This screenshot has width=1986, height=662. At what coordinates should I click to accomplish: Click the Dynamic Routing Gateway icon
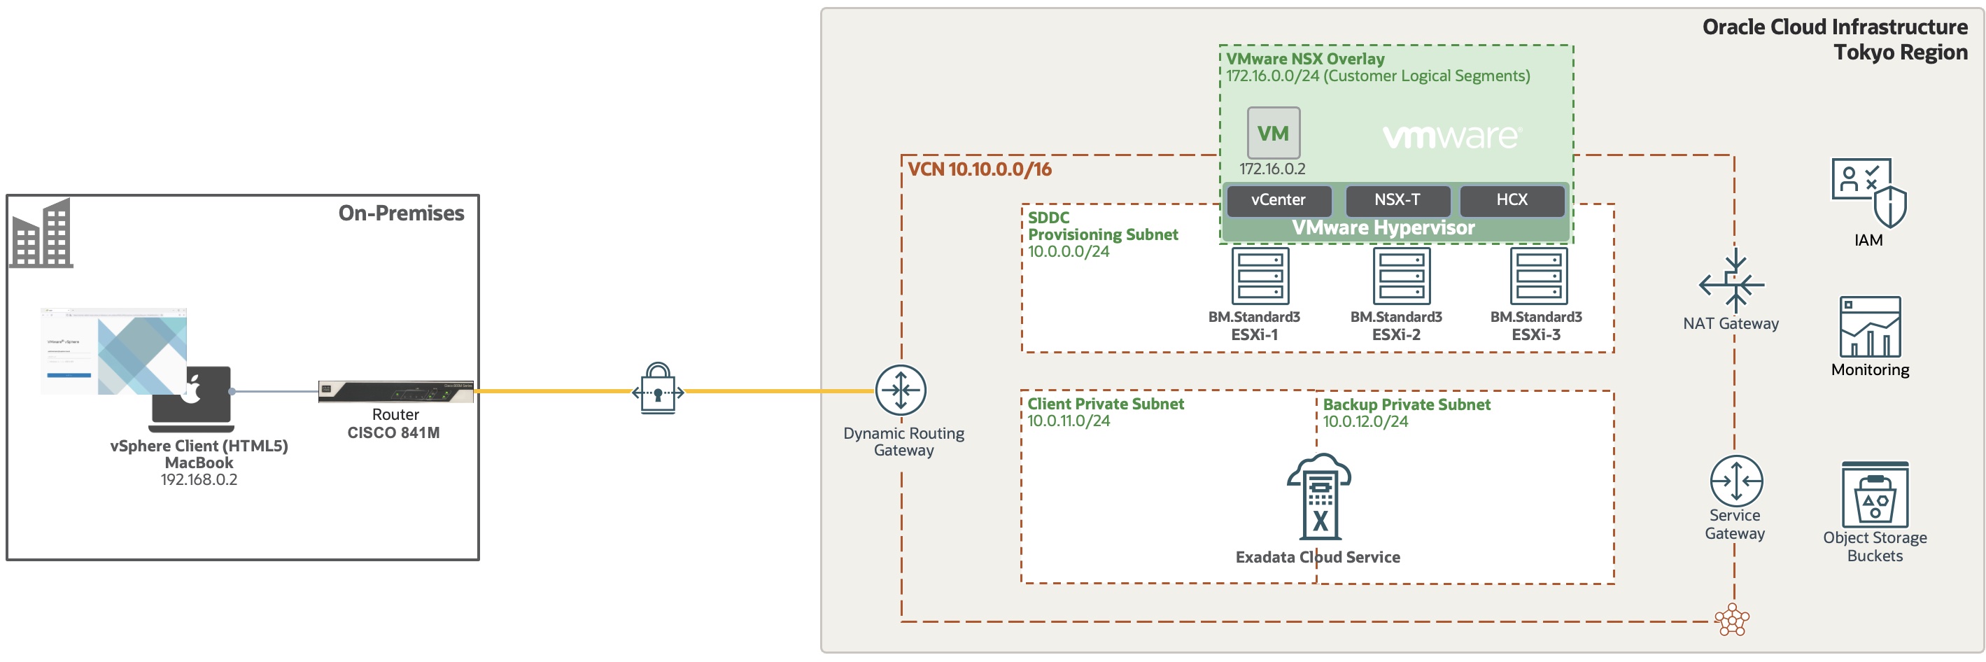[x=900, y=390]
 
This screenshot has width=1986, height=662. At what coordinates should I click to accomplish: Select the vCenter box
[x=1278, y=200]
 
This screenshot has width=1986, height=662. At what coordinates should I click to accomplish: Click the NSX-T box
[x=1396, y=200]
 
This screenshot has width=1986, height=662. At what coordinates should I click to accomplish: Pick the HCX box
[x=1511, y=200]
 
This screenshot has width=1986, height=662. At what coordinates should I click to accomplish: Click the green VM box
[x=1273, y=134]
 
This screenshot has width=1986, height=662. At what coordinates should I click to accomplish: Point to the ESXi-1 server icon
[x=1260, y=276]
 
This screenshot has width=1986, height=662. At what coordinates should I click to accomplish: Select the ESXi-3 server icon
[x=1538, y=276]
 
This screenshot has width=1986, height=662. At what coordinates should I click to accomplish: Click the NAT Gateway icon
[x=1733, y=282]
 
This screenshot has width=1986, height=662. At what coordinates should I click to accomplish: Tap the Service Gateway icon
[x=1735, y=481]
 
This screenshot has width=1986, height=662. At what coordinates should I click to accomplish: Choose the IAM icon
[x=1868, y=192]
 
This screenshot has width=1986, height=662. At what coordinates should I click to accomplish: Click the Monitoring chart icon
[x=1870, y=327]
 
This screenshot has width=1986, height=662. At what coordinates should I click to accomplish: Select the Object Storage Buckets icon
[x=1874, y=495]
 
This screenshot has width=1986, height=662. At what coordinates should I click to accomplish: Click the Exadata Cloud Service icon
[x=1319, y=497]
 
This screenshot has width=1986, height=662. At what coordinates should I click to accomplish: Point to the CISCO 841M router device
[x=395, y=391]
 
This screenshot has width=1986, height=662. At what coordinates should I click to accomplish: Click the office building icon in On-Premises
[x=43, y=234]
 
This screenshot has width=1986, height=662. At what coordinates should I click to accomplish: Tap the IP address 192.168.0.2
[x=198, y=480]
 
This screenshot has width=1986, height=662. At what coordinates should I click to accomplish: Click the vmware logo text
[x=1451, y=137]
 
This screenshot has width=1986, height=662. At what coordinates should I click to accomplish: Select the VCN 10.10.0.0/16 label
[x=979, y=169]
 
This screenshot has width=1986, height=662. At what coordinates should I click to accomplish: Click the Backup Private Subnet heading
[x=1407, y=404]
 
